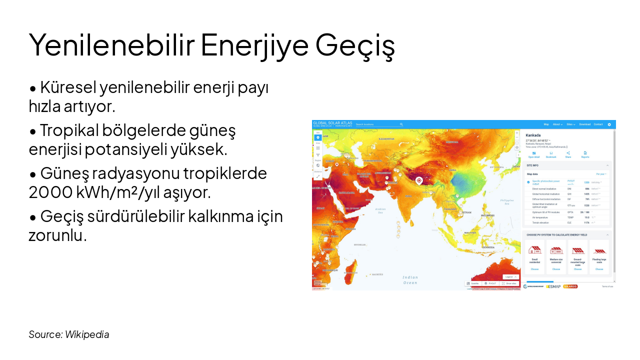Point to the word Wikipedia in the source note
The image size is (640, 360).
(x=87, y=334)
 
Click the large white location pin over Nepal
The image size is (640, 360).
(x=419, y=180)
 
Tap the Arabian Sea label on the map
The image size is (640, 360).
(x=380, y=210)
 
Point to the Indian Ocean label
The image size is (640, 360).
(x=410, y=280)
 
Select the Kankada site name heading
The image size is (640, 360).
(x=533, y=135)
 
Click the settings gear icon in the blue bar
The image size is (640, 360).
(x=609, y=124)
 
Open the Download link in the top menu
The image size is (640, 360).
(x=584, y=124)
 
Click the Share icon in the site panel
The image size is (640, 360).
(x=568, y=153)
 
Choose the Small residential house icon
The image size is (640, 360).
(x=534, y=250)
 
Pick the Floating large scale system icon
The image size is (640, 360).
(x=599, y=250)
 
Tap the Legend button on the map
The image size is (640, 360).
(x=510, y=276)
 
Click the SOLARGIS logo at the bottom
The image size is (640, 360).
(x=570, y=286)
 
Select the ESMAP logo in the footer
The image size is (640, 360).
(x=553, y=286)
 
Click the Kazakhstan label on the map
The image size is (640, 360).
(x=386, y=139)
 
